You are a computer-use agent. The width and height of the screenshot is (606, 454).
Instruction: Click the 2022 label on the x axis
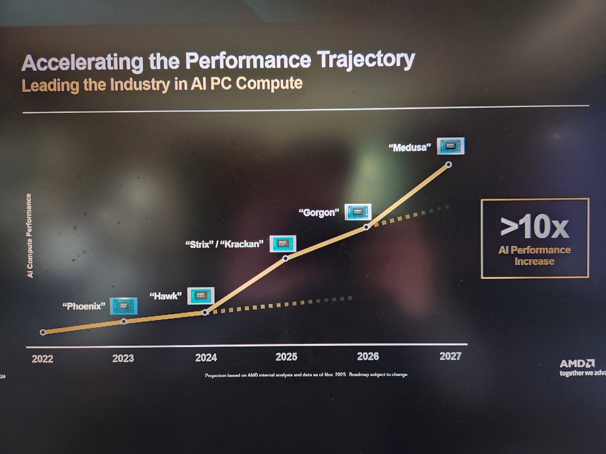point(42,359)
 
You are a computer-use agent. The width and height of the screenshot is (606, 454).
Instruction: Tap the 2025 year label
point(286,357)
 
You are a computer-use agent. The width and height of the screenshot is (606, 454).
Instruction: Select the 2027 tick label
point(450,356)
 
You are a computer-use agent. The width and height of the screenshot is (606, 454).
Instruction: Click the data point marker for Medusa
point(449,165)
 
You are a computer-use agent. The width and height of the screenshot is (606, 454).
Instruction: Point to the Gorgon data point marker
point(366,227)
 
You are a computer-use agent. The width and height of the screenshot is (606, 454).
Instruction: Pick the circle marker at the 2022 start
point(43,332)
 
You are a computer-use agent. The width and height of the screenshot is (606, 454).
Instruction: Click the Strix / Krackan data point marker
point(285,258)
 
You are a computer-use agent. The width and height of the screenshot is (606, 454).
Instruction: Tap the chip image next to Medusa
point(451,146)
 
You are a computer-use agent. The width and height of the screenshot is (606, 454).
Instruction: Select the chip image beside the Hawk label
point(201,296)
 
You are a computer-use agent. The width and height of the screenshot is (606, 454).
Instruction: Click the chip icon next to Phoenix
point(124,306)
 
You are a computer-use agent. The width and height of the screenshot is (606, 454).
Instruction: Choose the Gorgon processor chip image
point(358,212)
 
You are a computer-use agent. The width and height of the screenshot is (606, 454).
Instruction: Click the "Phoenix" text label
point(84,306)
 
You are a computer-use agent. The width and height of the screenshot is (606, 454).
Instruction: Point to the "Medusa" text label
point(410,148)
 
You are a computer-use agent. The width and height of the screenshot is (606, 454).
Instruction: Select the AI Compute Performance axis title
point(29,235)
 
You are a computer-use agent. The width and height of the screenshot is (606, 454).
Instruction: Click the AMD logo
point(577,364)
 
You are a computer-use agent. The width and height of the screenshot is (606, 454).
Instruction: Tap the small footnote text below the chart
point(306,375)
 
